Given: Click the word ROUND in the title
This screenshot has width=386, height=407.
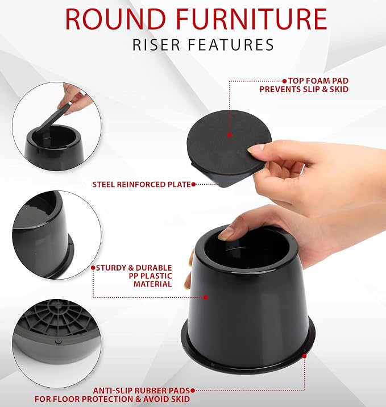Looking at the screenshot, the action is pyautogui.click(x=115, y=19).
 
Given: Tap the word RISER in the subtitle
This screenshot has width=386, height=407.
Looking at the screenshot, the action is pyautogui.click(x=156, y=45).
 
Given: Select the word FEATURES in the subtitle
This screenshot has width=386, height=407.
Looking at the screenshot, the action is pyautogui.click(x=230, y=45).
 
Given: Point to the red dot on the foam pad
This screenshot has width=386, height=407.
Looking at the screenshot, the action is pyautogui.click(x=230, y=135).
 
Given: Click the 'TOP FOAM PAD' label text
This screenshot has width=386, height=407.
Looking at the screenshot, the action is pyautogui.click(x=318, y=81).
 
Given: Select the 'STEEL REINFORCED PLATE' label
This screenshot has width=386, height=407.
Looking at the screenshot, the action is pyautogui.click(x=142, y=185).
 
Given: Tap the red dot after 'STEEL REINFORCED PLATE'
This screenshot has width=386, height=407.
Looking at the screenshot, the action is pyautogui.click(x=193, y=185).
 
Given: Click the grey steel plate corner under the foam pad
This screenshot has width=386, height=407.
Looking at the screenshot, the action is pyautogui.click(x=226, y=180).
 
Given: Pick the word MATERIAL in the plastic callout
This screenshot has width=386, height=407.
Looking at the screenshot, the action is pyautogui.click(x=152, y=284).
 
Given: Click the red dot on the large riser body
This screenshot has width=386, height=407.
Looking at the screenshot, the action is pyautogui.click(x=206, y=297).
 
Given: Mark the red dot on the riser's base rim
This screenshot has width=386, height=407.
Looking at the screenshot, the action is pyautogui.click(x=304, y=356).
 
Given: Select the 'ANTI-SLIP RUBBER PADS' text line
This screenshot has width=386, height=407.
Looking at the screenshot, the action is pyautogui.click(x=142, y=391).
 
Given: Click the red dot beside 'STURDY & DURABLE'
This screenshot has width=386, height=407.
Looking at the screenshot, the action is pyautogui.click(x=93, y=268).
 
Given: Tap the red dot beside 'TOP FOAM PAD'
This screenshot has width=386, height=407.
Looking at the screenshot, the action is pyautogui.click(x=285, y=81).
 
